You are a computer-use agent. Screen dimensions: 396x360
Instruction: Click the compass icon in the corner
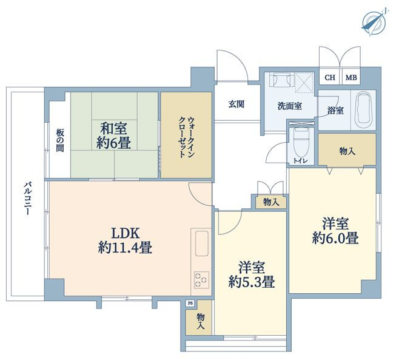[x=374, y=22]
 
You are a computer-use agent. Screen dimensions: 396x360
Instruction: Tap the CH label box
[x=330, y=77]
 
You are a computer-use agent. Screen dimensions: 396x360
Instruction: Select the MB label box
[x=351, y=77]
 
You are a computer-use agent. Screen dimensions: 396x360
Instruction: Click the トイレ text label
[x=300, y=161]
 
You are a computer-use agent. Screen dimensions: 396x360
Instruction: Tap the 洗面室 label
[x=290, y=106]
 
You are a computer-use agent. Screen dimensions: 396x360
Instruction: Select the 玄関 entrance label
[x=237, y=104]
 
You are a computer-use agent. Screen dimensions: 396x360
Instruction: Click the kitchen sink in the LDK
[x=202, y=243]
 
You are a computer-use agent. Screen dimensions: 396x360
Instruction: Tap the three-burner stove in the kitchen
[x=202, y=280]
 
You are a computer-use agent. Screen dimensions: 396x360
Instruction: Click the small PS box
[x=190, y=303]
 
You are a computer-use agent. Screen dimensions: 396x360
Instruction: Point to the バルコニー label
[x=27, y=198]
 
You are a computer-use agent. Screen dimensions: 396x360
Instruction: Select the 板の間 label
[x=60, y=140]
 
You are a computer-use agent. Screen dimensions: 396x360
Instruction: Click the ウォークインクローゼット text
[x=186, y=137]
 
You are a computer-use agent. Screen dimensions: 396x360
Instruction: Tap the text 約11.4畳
[x=126, y=247]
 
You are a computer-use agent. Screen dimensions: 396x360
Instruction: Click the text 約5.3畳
[x=252, y=282]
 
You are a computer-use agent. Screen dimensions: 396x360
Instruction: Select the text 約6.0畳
[x=335, y=238]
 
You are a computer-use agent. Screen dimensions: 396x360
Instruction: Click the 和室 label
[x=113, y=128]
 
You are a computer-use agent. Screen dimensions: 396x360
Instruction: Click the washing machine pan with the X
[x=304, y=83]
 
